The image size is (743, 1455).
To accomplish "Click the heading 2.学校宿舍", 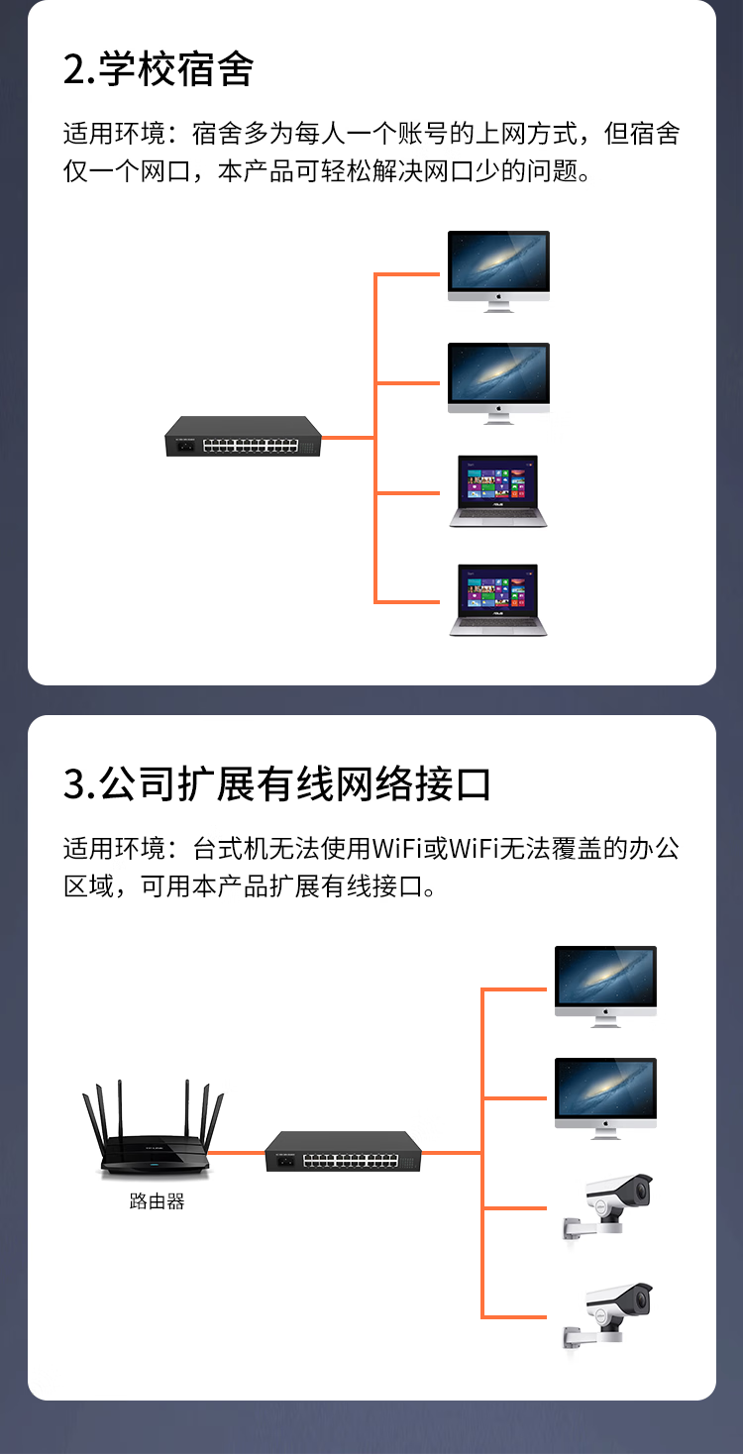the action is pyautogui.click(x=158, y=69).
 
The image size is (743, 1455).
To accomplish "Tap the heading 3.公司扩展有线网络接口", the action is pyautogui.click(x=276, y=784).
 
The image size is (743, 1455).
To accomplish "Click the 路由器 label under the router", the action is pyautogui.click(x=157, y=1201).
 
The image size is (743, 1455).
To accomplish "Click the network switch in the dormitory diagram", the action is pyautogui.click(x=243, y=437).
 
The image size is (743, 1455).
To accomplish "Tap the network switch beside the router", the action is pyautogui.click(x=343, y=1152).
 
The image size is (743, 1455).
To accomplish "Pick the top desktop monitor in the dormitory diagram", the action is pyautogui.click(x=498, y=271).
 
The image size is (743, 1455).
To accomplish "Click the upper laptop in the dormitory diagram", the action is pyautogui.click(x=498, y=491).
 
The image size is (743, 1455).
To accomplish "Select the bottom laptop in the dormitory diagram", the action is pyautogui.click(x=498, y=600).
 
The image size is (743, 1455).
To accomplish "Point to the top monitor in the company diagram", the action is pyautogui.click(x=605, y=987).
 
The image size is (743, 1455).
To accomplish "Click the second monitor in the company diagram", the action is pyautogui.click(x=605, y=1098).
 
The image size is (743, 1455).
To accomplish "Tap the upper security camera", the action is pyautogui.click(x=607, y=1207).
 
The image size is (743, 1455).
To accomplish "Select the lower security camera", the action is pyautogui.click(x=607, y=1317).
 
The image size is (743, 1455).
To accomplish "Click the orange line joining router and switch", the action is pyautogui.click(x=237, y=1153).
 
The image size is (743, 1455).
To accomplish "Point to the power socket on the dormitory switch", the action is pyautogui.click(x=186, y=446).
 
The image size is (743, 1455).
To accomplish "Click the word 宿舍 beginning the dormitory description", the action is pyautogui.click(x=217, y=134).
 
